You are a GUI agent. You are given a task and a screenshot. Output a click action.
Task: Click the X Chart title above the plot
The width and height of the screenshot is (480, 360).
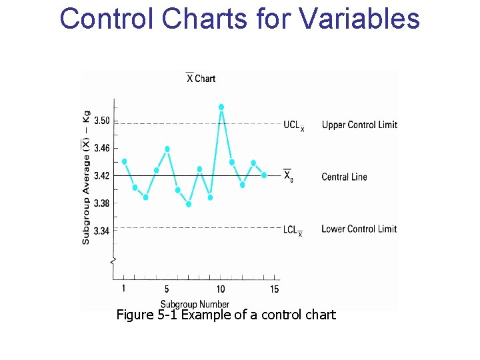[x=201, y=79]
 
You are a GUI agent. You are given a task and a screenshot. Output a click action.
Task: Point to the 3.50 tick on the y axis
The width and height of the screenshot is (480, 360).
[x=102, y=121]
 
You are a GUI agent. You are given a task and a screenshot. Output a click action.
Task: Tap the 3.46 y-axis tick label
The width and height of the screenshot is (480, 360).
[x=102, y=149]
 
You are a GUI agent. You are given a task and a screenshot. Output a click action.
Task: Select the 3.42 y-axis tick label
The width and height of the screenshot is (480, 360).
[x=102, y=176]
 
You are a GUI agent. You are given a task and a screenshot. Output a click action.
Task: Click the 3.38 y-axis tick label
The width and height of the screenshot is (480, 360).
[x=102, y=203]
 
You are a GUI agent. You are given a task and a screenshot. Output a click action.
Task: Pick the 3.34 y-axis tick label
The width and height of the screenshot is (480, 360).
[x=102, y=231]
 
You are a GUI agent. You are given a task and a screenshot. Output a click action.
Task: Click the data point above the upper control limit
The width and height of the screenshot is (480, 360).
[x=221, y=107]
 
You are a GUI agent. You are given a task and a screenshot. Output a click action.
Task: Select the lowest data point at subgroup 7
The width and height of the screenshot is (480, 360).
[x=189, y=204]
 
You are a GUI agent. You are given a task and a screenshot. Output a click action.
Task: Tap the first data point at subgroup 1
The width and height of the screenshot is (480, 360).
[x=125, y=161]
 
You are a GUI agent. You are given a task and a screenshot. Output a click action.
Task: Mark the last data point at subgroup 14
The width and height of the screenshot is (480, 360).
[x=264, y=175]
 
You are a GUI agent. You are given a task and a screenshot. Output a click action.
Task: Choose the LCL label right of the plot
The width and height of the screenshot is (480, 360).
[x=292, y=230]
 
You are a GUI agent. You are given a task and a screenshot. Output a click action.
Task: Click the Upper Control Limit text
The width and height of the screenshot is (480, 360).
[x=359, y=125]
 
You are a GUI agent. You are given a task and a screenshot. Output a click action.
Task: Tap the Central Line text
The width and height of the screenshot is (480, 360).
[x=344, y=177]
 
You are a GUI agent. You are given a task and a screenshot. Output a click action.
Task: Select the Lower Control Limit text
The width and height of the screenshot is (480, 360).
[x=359, y=229]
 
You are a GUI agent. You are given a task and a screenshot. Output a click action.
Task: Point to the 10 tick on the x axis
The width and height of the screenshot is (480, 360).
[x=221, y=289]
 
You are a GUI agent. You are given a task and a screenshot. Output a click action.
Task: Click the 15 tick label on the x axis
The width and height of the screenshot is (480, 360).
[x=275, y=289]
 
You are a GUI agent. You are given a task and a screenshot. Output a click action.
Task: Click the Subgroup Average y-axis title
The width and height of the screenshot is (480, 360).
[x=86, y=177]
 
